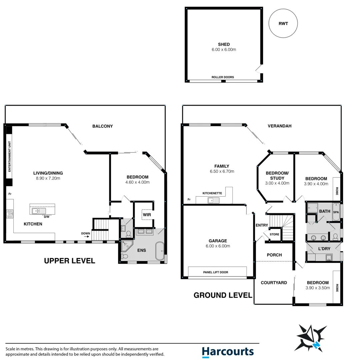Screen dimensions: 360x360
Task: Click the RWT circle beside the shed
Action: pos(283,23)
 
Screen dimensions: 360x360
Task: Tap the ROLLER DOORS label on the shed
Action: pos(223,77)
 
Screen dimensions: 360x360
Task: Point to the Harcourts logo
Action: pos(228,352)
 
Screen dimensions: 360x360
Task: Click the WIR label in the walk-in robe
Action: pos(147,215)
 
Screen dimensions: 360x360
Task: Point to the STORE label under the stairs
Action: pos(275,234)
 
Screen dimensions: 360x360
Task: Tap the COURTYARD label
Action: pos(274,283)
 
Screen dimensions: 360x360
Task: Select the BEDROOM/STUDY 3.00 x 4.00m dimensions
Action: pos(277,183)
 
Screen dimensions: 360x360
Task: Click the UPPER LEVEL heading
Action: pos(69,261)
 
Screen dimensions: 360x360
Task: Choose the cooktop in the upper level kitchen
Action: pos(9,214)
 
